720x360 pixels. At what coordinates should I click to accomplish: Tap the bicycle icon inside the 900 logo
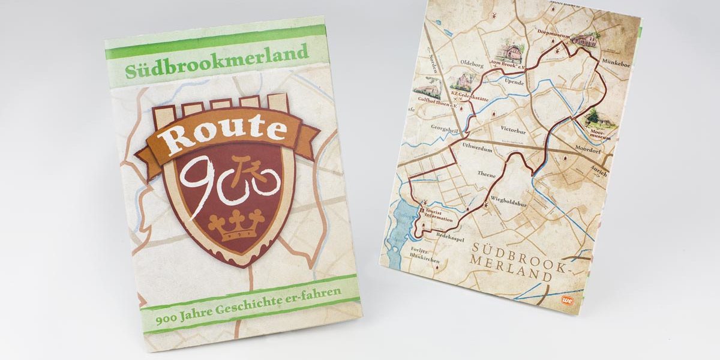tap(257, 176)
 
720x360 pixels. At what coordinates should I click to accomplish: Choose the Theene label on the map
tap(487, 175)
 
